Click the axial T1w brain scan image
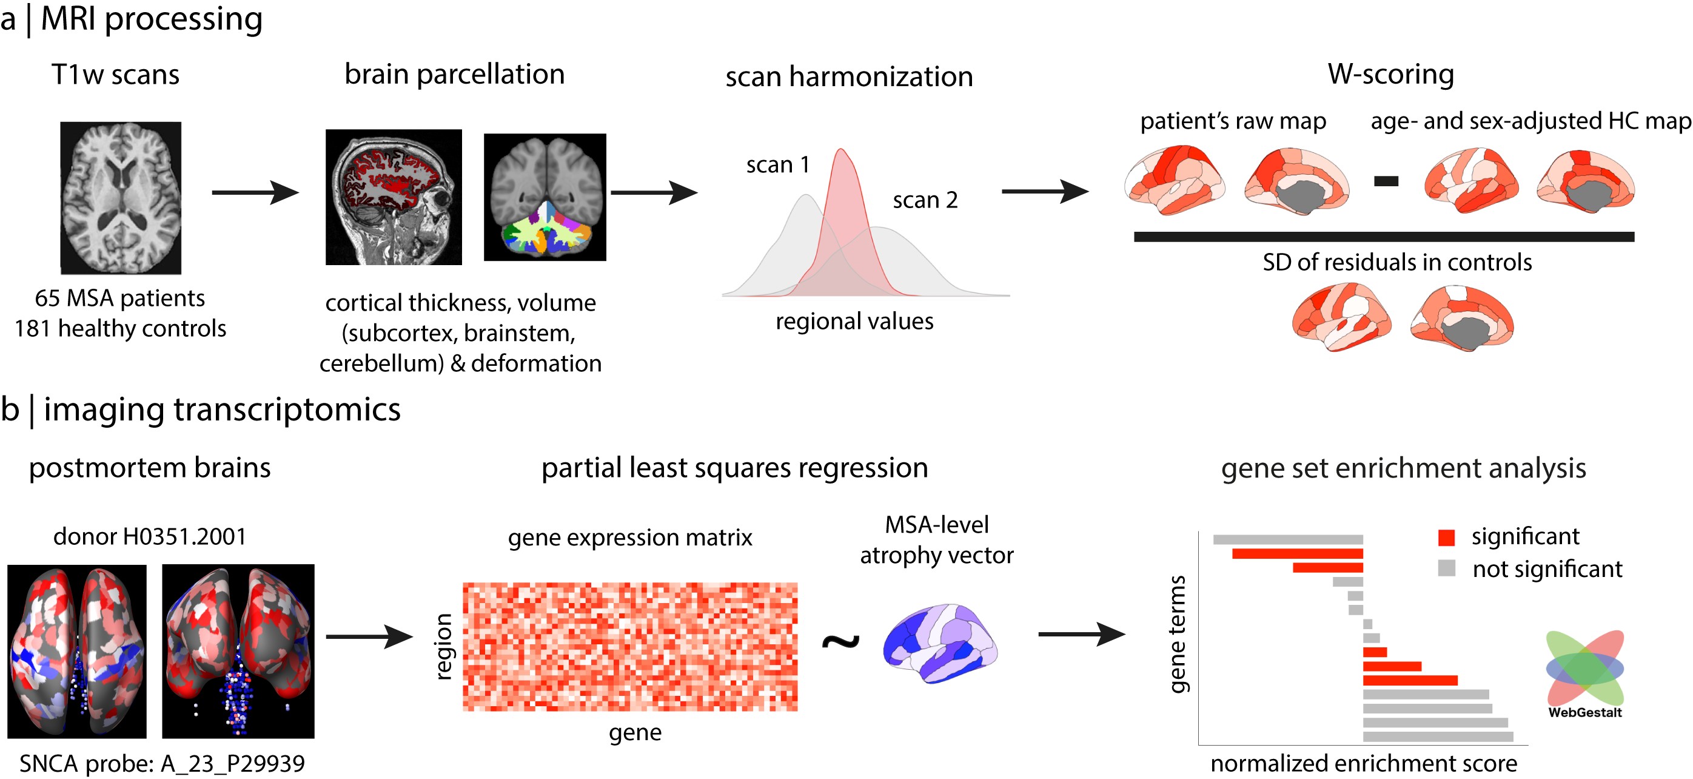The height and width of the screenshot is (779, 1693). click(120, 197)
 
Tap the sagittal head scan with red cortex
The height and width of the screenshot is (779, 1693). click(393, 197)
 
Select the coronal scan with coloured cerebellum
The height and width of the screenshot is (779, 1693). click(545, 197)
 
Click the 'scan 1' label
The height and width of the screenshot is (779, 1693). click(777, 164)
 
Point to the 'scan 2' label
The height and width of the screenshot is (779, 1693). click(925, 200)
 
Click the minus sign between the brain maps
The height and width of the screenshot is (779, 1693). click(1386, 181)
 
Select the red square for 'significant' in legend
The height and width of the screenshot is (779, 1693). click(1446, 537)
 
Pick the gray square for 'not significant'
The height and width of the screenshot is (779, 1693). click(1446, 568)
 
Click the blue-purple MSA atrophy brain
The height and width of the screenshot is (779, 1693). click(940, 643)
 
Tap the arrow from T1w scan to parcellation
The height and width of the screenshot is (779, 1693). click(255, 192)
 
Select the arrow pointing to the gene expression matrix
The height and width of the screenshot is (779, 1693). click(369, 636)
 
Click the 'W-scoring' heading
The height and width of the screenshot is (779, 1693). click(1390, 73)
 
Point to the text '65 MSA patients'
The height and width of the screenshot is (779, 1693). click(119, 298)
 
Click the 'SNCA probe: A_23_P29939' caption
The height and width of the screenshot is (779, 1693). click(162, 763)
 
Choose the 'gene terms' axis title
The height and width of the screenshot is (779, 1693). click(1177, 635)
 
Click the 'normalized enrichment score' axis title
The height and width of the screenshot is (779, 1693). click(1364, 763)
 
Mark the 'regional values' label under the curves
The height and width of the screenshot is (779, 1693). click(854, 321)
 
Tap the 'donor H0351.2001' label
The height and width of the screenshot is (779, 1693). click(149, 536)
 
